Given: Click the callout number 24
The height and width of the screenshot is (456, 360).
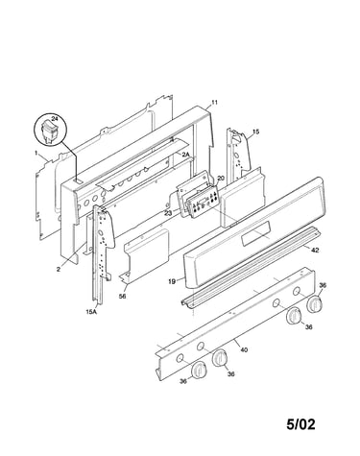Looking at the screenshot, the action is coord(55,118).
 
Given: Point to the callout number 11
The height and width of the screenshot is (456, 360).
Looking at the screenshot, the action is coord(214,103).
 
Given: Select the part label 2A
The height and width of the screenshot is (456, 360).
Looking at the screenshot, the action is coord(186,155).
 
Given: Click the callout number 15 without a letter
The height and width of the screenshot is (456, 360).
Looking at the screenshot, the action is coord(255,132).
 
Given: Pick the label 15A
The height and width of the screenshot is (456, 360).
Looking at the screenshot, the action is coord(91,311).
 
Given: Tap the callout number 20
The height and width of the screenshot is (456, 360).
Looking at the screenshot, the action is coord(221,179).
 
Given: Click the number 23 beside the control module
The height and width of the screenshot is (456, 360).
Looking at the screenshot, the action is coord(167,212).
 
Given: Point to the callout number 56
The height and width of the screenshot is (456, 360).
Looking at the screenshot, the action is coord(122,297).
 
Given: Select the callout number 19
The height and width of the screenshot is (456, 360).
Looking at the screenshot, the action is coord(172,281).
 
